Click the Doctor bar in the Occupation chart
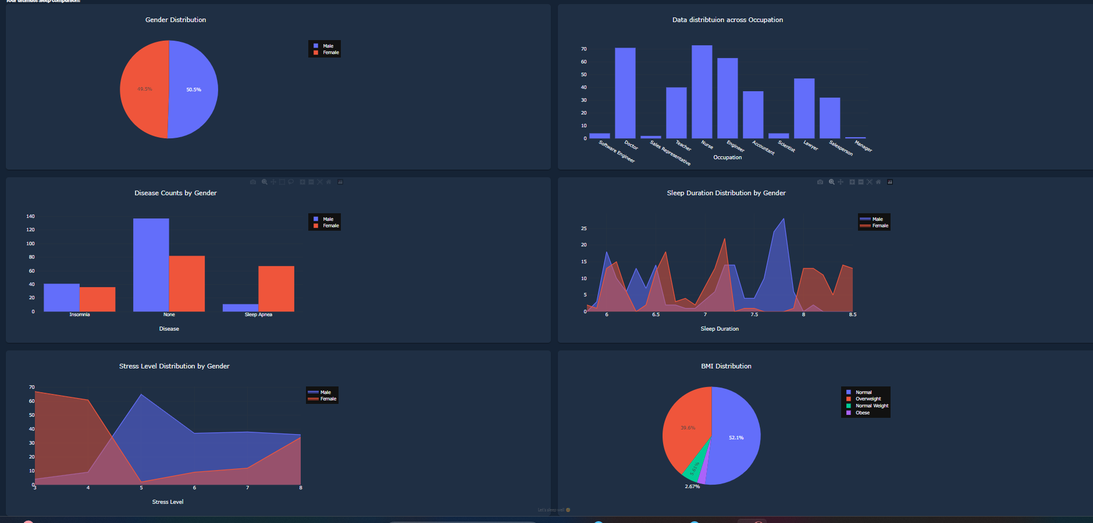(625, 93)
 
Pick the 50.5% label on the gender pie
(194, 89)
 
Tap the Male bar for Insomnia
(62, 298)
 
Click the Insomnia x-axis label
(80, 314)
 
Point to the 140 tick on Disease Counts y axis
(30, 216)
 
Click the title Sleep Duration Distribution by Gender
(726, 193)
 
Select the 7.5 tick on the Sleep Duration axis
(754, 314)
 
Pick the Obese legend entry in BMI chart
(862, 413)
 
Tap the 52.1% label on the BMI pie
(736, 438)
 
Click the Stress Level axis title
(168, 502)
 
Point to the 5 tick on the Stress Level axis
(141, 488)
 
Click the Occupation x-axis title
(727, 157)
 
